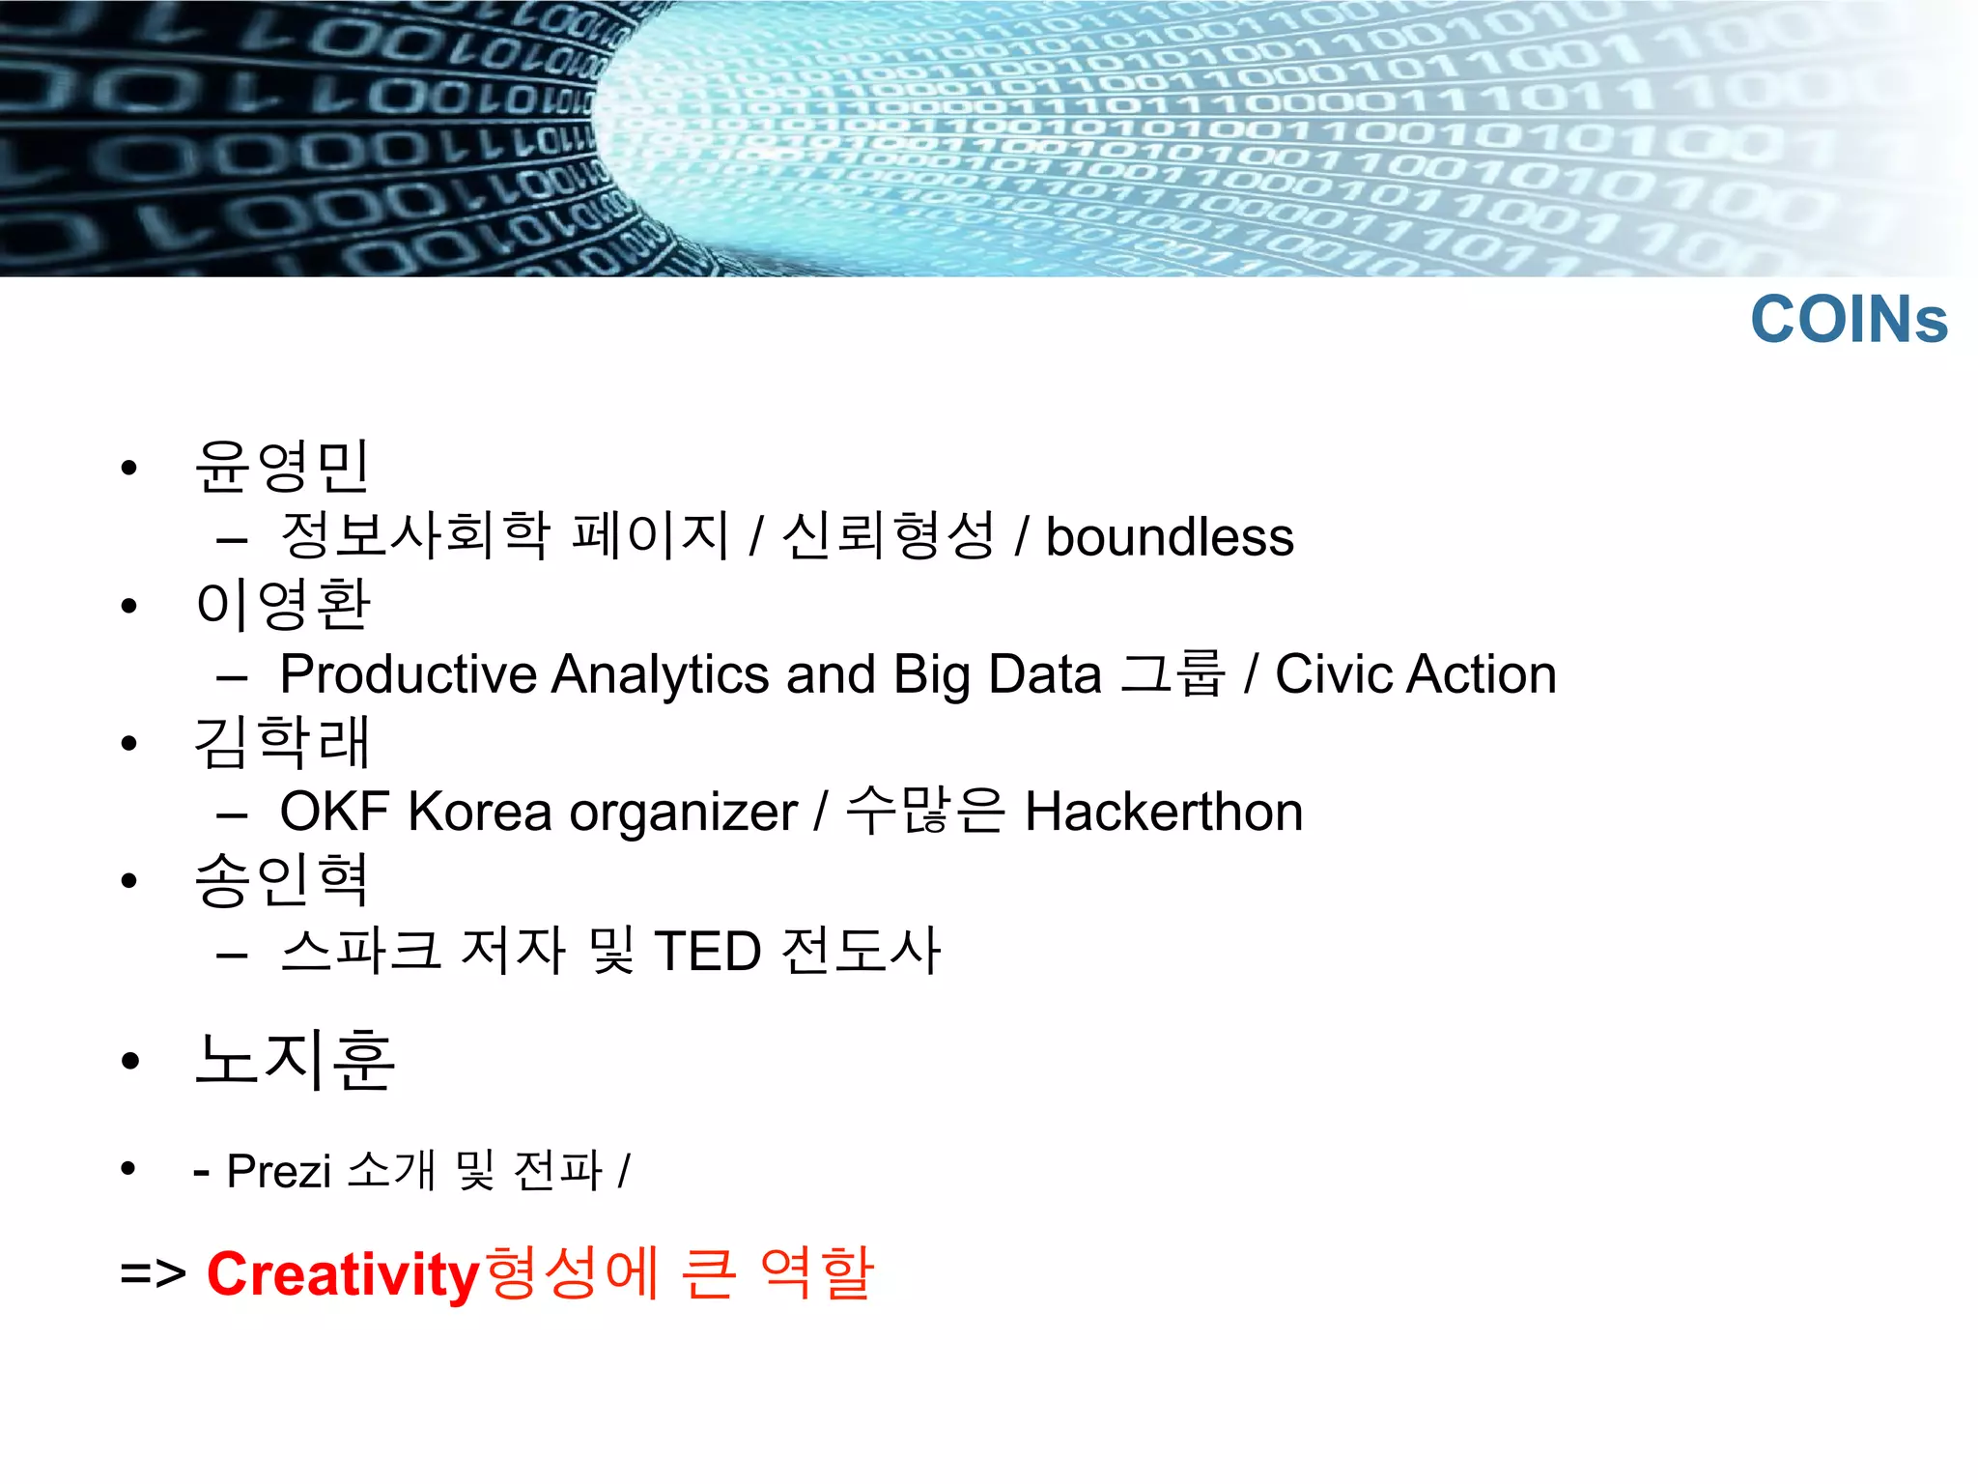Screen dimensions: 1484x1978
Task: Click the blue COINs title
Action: pyautogui.click(x=1849, y=320)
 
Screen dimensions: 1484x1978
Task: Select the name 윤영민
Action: pyautogui.click(x=282, y=467)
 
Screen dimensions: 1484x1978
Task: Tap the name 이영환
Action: pyautogui.click(x=282, y=605)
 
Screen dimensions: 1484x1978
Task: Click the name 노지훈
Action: pyautogui.click(x=296, y=1059)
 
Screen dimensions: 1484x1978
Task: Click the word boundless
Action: pyautogui.click(x=1170, y=537)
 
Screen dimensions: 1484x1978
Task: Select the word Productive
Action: pyautogui.click(x=408, y=674)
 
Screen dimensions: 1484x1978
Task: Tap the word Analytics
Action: pyautogui.click(x=660, y=674)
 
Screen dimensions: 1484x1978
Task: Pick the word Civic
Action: pyautogui.click(x=1333, y=674)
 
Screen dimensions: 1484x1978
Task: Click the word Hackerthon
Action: pyautogui.click(x=1164, y=812)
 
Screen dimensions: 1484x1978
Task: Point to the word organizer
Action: pyautogui.click(x=683, y=813)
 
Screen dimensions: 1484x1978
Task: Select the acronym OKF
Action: pyautogui.click(x=334, y=812)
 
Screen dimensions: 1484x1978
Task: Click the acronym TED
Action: pyautogui.click(x=708, y=951)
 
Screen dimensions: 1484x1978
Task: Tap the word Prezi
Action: pyautogui.click(x=278, y=1171)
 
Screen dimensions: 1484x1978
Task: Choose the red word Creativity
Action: pyautogui.click(x=343, y=1275)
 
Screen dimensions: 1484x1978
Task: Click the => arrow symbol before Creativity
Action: pyautogui.click(x=153, y=1273)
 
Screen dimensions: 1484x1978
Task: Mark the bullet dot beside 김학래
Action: pyautogui.click(x=129, y=744)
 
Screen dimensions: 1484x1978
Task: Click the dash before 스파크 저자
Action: pyautogui.click(x=232, y=955)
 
